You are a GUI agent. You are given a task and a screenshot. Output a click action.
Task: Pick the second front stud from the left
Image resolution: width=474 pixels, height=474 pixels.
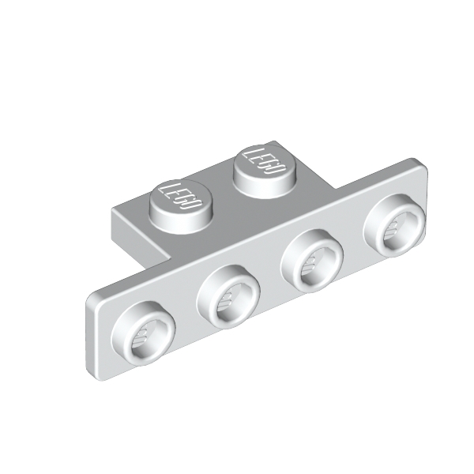pyautogui.click(x=228, y=298)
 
